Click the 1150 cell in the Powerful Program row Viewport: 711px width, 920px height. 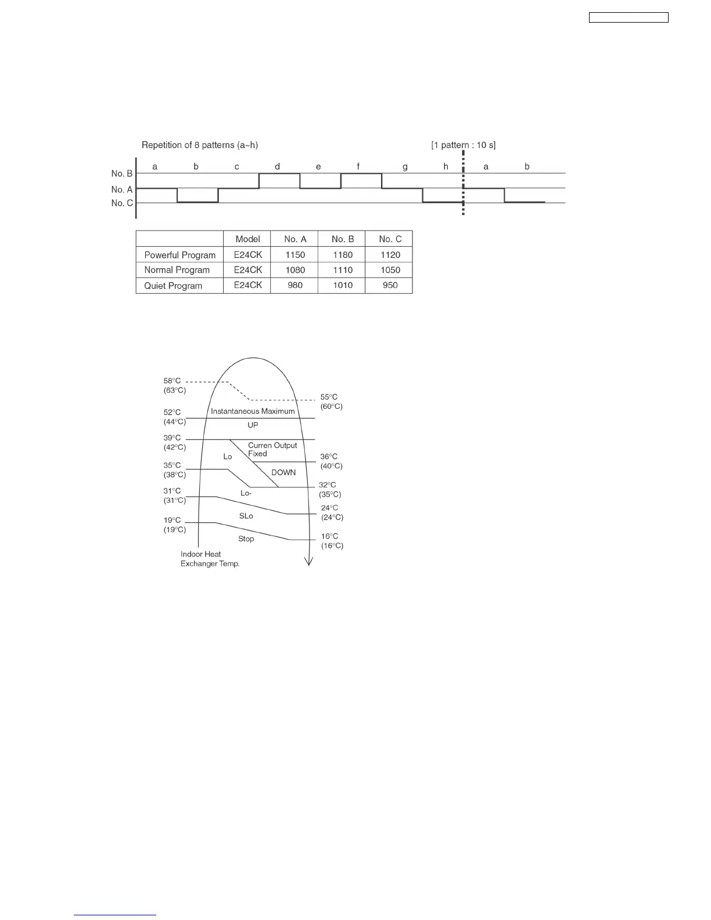pos(295,255)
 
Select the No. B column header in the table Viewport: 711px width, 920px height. pos(343,239)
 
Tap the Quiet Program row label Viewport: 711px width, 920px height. pos(173,286)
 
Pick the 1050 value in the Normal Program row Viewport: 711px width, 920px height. pos(390,270)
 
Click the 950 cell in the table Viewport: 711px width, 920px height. pos(390,285)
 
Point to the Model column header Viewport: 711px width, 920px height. pos(247,239)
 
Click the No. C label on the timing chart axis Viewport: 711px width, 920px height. pos(122,203)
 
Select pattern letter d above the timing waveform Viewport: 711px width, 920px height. pos(277,167)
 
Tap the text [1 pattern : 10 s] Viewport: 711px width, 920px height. pos(463,145)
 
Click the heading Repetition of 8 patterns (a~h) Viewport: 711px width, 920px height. pos(200,145)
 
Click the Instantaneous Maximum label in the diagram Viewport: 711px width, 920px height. pos(253,411)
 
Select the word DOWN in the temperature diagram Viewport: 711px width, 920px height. pos(283,473)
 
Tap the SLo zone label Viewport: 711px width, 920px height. pos(246,516)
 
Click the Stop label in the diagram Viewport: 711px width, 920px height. pos(246,539)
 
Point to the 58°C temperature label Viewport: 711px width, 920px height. pos(172,381)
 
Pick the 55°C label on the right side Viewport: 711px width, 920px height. pos(329,397)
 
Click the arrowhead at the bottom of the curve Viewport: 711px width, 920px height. pos(309,561)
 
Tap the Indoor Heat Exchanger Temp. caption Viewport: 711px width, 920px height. pos(210,559)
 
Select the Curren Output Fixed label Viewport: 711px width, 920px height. pos(272,450)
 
